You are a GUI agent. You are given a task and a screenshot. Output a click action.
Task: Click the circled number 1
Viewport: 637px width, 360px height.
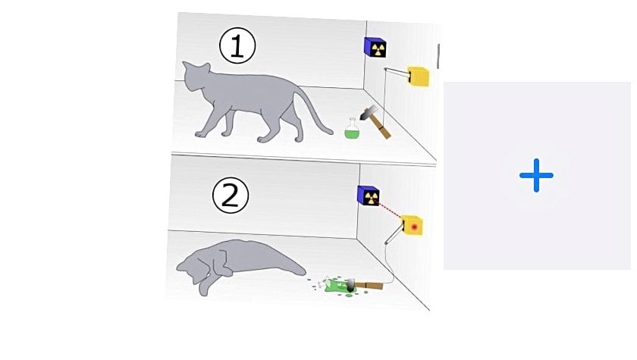237,45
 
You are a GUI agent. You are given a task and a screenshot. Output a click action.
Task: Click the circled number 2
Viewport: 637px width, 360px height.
231,196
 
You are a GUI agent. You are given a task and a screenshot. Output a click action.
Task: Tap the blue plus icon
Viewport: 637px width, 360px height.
536,175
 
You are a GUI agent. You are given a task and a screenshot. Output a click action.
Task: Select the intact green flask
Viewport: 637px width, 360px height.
352,129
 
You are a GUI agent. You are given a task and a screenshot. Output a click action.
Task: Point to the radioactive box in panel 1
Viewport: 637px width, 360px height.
375,48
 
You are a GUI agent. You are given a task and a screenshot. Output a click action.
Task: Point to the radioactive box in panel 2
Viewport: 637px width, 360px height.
369,196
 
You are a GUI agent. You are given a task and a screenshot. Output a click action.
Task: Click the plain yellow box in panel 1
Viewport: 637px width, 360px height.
419,77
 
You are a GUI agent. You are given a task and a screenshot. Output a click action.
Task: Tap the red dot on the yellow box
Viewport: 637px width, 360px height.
414,227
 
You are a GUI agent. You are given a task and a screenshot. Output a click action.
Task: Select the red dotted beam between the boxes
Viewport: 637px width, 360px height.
390,209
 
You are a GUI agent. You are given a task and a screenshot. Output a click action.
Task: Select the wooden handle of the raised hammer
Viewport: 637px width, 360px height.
382,127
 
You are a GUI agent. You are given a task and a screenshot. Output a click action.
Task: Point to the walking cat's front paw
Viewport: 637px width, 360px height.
200,134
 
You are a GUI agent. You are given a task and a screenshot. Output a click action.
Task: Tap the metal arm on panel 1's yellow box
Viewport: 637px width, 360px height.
397,72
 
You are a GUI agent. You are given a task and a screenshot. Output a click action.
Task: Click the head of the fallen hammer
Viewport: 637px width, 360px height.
350,286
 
